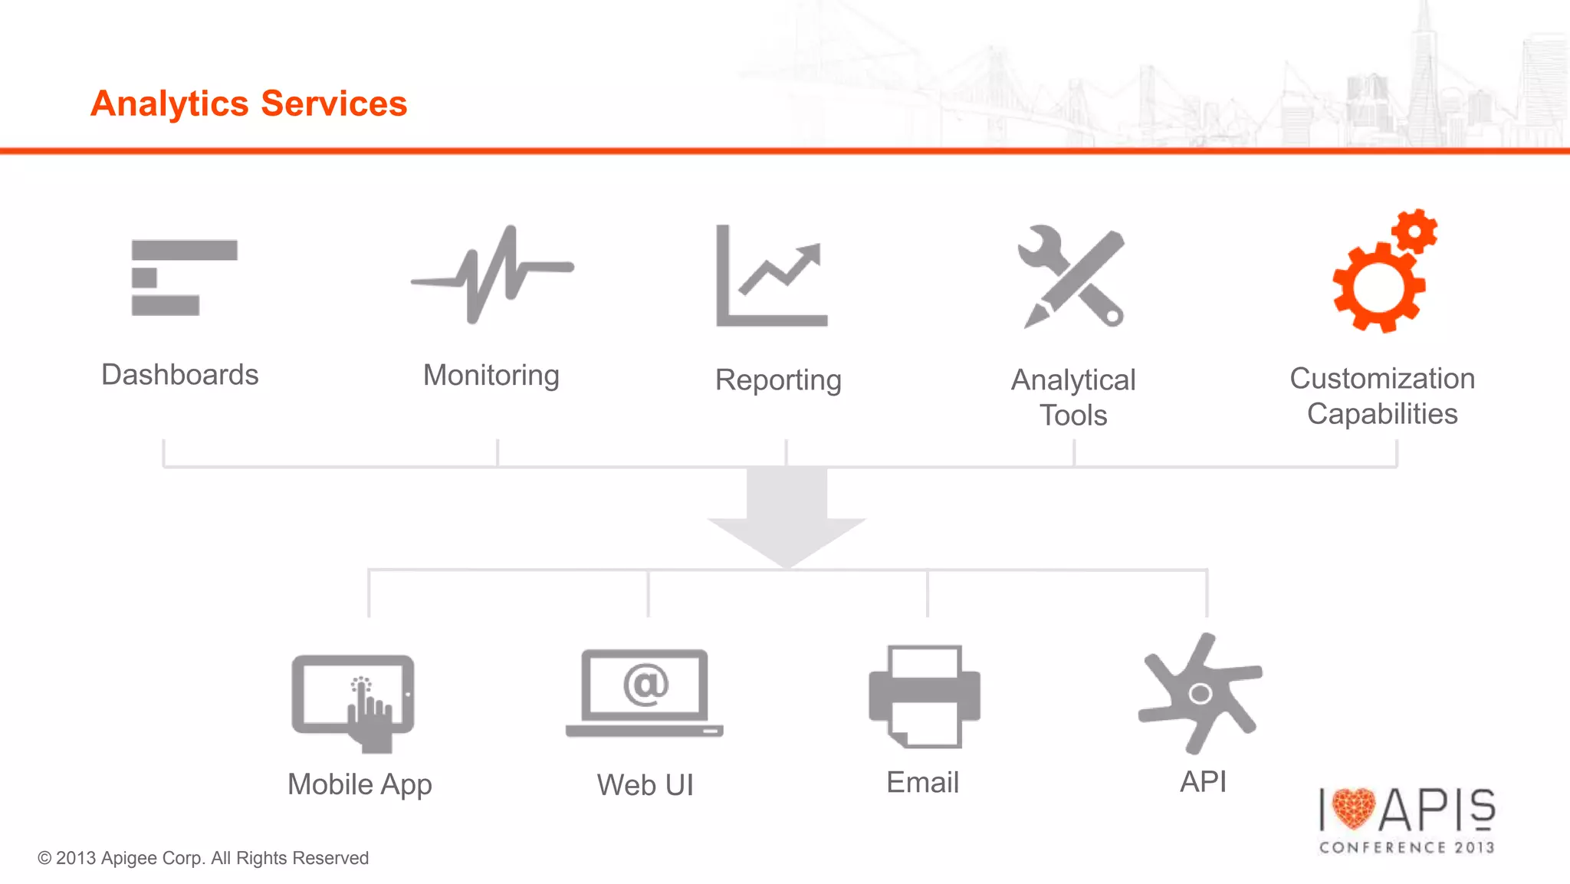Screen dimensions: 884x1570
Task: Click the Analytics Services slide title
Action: click(248, 104)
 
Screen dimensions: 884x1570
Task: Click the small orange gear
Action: click(1414, 231)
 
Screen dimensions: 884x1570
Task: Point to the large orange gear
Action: click(1378, 288)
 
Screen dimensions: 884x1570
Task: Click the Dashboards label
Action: click(180, 375)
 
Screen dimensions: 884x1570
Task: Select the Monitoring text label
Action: click(491, 376)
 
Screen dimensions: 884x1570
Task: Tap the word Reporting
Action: click(778, 380)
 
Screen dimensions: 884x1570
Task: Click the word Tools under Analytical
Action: click(1073, 416)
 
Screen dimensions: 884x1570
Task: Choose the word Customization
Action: click(1382, 379)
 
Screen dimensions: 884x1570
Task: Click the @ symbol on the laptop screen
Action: click(645, 684)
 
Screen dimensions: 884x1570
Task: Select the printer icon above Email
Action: click(925, 696)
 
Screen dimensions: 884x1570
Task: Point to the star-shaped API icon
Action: click(1199, 693)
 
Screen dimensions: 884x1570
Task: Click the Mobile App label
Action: click(360, 784)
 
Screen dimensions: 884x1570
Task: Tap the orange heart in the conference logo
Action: click(1354, 808)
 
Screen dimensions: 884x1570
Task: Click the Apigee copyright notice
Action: click(203, 858)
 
